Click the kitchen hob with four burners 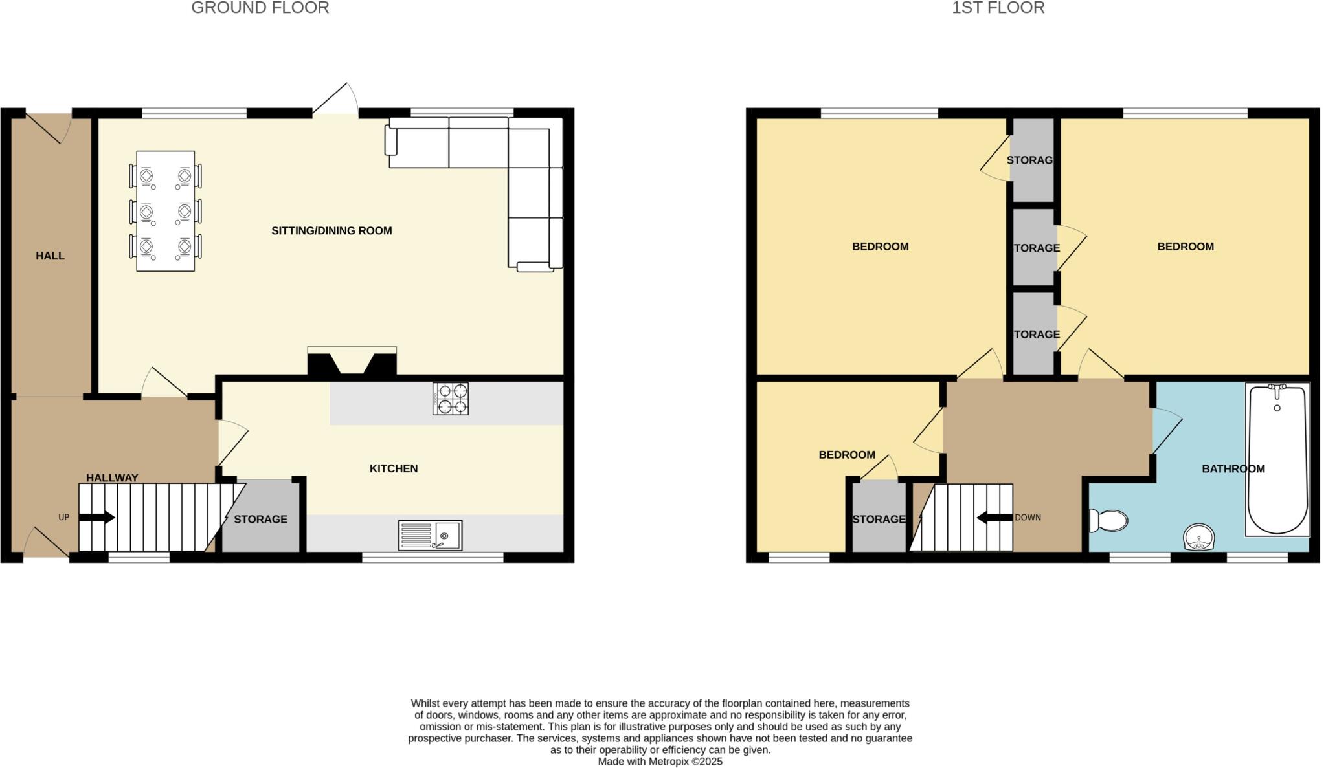pyautogui.click(x=451, y=399)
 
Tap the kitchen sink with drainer pyautogui.click(x=431, y=535)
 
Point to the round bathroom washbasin pyautogui.click(x=1198, y=537)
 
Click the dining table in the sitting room pyautogui.click(x=166, y=211)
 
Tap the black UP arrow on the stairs pyautogui.click(x=96, y=518)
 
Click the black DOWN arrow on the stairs pyautogui.click(x=994, y=518)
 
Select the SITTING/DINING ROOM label pyautogui.click(x=331, y=231)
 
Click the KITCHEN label pyautogui.click(x=394, y=468)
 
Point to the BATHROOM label pyautogui.click(x=1233, y=469)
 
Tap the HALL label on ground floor pyautogui.click(x=50, y=256)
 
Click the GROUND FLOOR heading pyautogui.click(x=260, y=8)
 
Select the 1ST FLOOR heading pyautogui.click(x=998, y=8)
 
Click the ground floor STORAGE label pyautogui.click(x=260, y=520)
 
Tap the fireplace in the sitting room pyautogui.click(x=352, y=362)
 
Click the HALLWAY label pyautogui.click(x=112, y=478)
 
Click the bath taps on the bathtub pyautogui.click(x=1277, y=389)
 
